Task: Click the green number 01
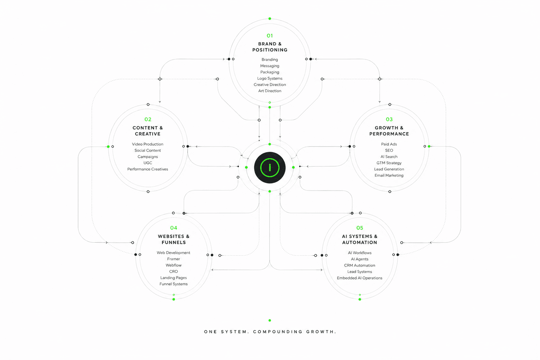pyautogui.click(x=270, y=36)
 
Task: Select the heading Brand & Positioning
pyautogui.click(x=270, y=47)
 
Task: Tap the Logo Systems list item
pyautogui.click(x=270, y=78)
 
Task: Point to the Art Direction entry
pyautogui.click(x=270, y=91)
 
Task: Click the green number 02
pyautogui.click(x=148, y=120)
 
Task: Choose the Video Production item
pyautogui.click(x=148, y=144)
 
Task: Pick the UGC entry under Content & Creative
pyautogui.click(x=148, y=163)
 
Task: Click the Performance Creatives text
pyautogui.click(x=148, y=169)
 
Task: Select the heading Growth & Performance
pyautogui.click(x=389, y=131)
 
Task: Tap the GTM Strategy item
pyautogui.click(x=389, y=163)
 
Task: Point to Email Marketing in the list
pyautogui.click(x=389, y=175)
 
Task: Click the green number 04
pyautogui.click(x=174, y=228)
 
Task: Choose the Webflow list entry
pyautogui.click(x=173, y=265)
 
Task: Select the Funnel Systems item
pyautogui.click(x=173, y=284)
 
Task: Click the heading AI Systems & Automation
pyautogui.click(x=359, y=239)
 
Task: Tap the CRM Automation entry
pyautogui.click(x=359, y=265)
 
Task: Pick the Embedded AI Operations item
pyautogui.click(x=359, y=278)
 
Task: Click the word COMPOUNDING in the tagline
pyautogui.click(x=278, y=332)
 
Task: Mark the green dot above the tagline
pyautogui.click(x=270, y=320)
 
